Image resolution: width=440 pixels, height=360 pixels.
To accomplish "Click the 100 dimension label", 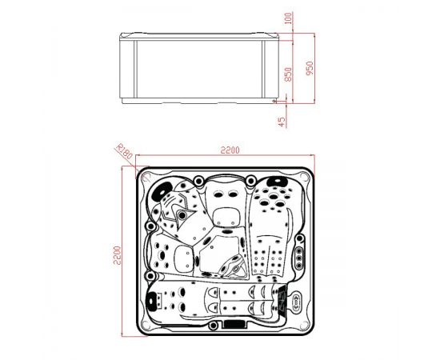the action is pyautogui.click(x=289, y=18).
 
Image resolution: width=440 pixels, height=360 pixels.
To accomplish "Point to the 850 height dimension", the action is pyautogui.click(x=289, y=74).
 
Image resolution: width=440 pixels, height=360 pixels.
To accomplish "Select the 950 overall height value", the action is pyautogui.click(x=310, y=68).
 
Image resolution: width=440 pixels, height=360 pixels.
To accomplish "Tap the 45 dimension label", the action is pyautogui.click(x=282, y=122).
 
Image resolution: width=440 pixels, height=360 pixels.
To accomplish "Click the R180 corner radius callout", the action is pyautogui.click(x=124, y=151).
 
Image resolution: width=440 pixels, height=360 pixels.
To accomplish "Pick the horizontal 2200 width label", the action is pyautogui.click(x=230, y=150).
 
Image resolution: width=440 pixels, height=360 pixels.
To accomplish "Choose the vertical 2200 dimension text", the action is pyautogui.click(x=117, y=255).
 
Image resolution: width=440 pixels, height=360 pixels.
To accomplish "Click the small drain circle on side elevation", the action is pyautogui.click(x=274, y=101).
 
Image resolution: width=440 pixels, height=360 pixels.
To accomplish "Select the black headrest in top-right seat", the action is pyautogui.click(x=278, y=182).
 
